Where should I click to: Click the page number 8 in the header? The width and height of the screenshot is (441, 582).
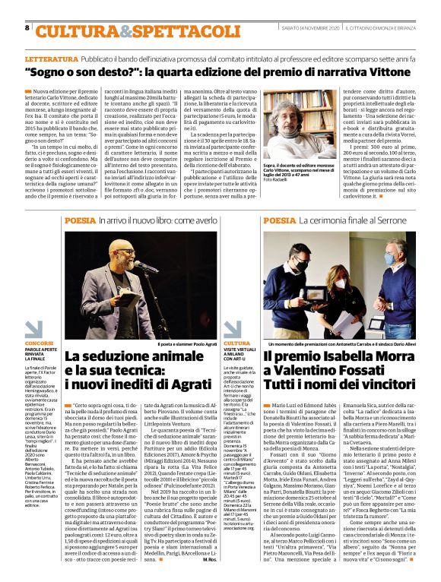[x=27, y=27]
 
